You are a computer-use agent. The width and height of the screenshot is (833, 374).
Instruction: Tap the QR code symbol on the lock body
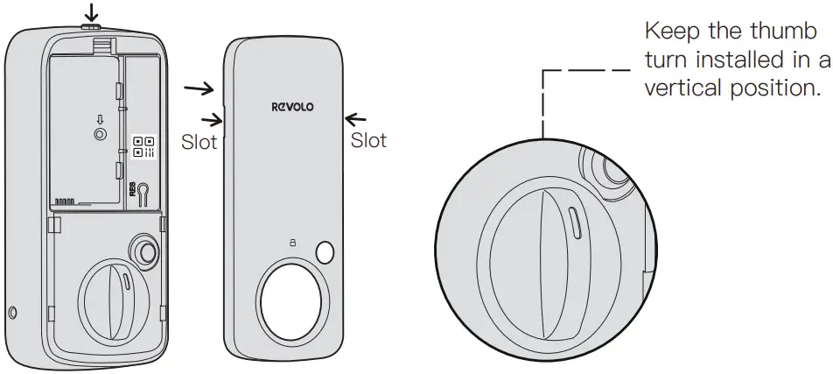143,147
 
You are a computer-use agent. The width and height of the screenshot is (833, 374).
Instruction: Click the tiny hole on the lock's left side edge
11,313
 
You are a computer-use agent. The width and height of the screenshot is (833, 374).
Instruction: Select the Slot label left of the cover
199,142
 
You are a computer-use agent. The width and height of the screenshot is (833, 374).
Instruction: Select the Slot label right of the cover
368,140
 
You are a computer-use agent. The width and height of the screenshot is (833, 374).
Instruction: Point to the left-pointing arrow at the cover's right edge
357,116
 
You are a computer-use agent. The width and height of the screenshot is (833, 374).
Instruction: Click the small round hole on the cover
325,252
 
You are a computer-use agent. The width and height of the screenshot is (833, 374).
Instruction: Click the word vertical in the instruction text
679,88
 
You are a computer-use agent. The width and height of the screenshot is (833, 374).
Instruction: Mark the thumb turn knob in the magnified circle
549,263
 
